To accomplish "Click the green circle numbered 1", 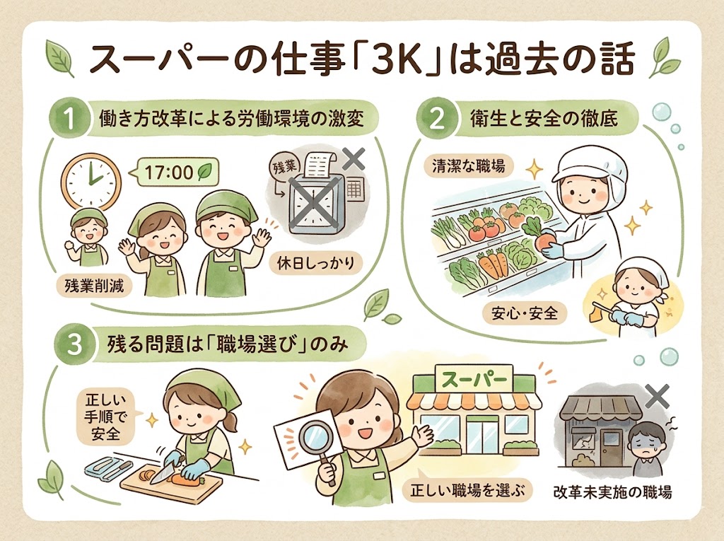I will (x=71, y=119).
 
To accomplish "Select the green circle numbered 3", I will (x=71, y=344).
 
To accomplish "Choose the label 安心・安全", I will (x=524, y=311).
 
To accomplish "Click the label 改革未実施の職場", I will (x=612, y=491).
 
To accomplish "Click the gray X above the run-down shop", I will (x=657, y=397).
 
